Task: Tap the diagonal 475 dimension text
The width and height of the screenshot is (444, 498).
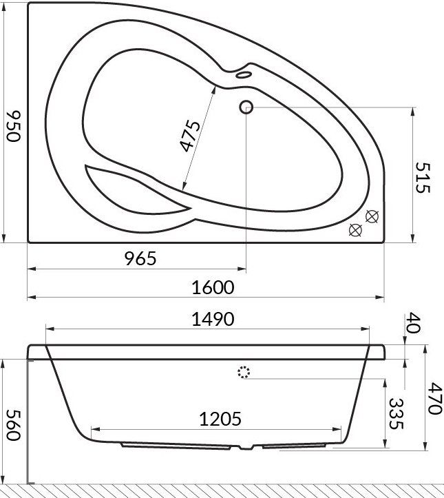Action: click(189, 136)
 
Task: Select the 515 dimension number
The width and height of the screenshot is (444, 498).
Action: click(423, 177)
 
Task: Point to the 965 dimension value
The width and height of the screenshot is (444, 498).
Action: click(141, 258)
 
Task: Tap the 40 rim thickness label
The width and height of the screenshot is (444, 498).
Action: click(412, 324)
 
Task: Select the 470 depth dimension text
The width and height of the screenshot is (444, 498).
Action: click(432, 399)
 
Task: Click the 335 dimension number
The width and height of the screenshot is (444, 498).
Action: click(394, 413)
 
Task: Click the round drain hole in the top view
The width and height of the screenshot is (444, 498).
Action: click(246, 107)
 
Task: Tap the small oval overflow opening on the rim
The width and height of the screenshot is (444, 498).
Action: click(243, 74)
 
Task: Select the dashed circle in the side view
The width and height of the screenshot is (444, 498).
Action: click(244, 373)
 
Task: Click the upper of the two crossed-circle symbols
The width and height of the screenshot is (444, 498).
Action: click(372, 216)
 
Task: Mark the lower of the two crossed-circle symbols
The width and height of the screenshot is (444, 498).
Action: click(355, 230)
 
